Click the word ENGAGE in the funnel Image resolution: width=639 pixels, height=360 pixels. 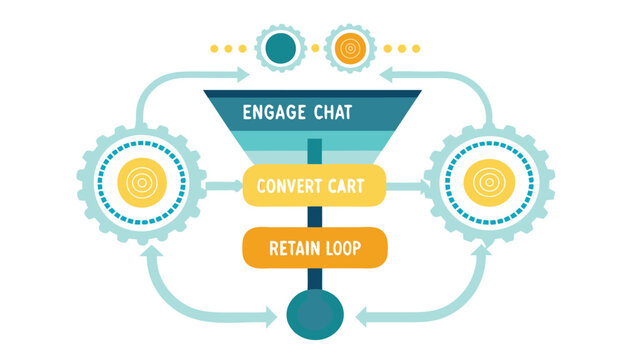[x=274, y=113]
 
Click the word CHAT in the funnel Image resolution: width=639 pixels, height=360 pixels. [x=333, y=113]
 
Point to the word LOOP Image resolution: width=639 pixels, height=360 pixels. [x=339, y=248]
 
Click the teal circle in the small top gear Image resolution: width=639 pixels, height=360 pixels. [x=280, y=49]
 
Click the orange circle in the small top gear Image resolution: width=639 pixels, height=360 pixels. [x=350, y=49]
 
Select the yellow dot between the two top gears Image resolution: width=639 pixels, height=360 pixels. [x=315, y=49]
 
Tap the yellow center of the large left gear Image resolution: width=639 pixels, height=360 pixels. [x=142, y=183]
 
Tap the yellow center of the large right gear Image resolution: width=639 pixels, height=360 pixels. [x=489, y=183]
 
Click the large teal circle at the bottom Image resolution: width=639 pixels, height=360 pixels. [x=315, y=314]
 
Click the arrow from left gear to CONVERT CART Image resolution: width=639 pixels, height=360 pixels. [x=224, y=186]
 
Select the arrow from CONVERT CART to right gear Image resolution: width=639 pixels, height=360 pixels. [x=408, y=187]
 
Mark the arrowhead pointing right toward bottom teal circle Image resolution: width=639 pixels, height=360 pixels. [x=271, y=317]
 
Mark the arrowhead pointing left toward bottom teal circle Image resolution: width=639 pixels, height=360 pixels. [x=361, y=317]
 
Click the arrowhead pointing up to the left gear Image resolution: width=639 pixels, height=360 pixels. [x=152, y=251]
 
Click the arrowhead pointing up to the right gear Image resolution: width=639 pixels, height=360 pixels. [x=482, y=250]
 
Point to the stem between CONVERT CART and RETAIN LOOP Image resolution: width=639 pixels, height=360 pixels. [x=315, y=217]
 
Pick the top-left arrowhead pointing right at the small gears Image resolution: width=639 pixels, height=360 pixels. [x=243, y=75]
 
